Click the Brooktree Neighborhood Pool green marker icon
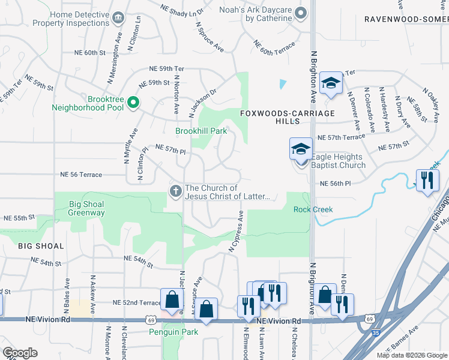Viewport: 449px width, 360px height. coord(133,103)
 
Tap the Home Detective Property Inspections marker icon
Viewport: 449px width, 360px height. coord(118,18)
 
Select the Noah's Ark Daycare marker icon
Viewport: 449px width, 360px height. coord(302,13)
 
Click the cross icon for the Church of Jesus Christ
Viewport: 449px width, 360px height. coord(176,191)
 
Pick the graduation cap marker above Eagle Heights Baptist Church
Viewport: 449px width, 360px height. coord(301,149)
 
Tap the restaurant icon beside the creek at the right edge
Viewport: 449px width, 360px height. coord(427,180)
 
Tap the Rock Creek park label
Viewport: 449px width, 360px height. coord(313,209)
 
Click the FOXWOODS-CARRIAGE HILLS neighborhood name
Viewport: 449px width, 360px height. coord(270,117)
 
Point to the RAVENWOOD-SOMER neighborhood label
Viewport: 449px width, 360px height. coord(406,19)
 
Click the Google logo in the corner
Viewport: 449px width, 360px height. coord(20,353)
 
